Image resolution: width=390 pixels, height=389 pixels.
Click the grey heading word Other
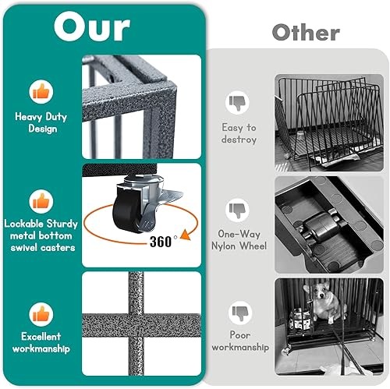[305, 33]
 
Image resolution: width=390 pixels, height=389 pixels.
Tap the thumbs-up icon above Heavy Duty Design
[41, 92]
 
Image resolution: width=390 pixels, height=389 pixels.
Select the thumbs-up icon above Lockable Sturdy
[41, 200]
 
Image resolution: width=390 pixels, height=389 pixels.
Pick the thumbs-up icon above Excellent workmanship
[41, 314]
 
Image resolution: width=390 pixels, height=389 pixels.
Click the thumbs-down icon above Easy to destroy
[239, 102]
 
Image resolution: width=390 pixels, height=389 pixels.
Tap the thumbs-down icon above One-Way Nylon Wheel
[239, 210]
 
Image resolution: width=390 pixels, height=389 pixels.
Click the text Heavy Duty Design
[41, 122]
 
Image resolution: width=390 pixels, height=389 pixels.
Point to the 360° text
[164, 241]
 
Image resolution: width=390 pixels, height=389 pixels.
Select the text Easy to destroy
[239, 133]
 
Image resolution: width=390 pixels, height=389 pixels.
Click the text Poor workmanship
[239, 341]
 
